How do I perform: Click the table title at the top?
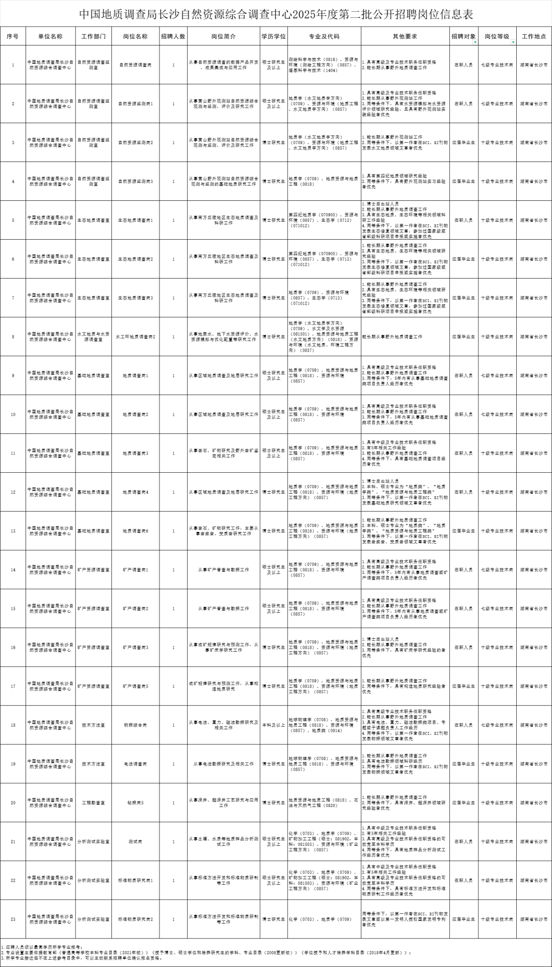click(276, 14)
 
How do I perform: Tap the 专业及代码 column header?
click(324, 36)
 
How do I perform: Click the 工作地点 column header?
click(534, 36)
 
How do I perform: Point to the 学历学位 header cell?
click(273, 36)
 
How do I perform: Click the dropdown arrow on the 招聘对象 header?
click(476, 42)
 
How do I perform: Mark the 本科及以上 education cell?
click(273, 725)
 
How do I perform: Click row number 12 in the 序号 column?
click(13, 492)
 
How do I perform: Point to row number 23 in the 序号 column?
click(13, 919)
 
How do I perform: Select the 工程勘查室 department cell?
click(94, 803)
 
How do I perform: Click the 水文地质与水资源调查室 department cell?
click(94, 337)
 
